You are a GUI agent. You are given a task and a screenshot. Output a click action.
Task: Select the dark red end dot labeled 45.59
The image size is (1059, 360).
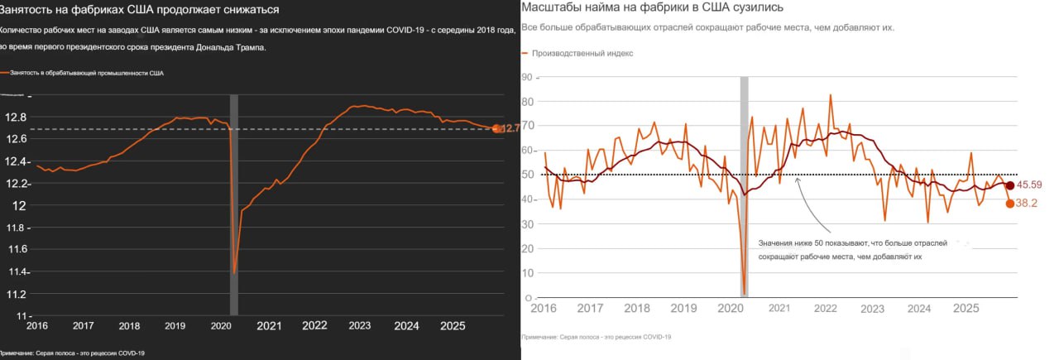coord(1010,185)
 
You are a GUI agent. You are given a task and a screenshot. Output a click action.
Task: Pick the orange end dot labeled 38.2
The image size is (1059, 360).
coord(1010,204)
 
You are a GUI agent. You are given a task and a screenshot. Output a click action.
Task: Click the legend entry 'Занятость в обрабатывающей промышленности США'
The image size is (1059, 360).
coord(86,73)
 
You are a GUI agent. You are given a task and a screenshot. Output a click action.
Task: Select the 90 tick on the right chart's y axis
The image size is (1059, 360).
coord(527,77)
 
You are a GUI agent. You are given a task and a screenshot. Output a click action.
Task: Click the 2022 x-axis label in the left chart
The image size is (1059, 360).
coord(314,326)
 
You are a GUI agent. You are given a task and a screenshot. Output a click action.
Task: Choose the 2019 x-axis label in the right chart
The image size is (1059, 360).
coord(683,309)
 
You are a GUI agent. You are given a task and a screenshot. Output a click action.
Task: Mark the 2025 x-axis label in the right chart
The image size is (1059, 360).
coord(966,309)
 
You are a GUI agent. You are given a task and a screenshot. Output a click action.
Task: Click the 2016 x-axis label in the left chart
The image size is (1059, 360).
coord(38,326)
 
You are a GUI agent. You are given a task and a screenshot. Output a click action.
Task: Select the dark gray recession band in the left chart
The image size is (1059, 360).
coord(233,207)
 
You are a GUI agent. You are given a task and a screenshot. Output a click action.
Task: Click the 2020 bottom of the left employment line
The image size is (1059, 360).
coord(235,272)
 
